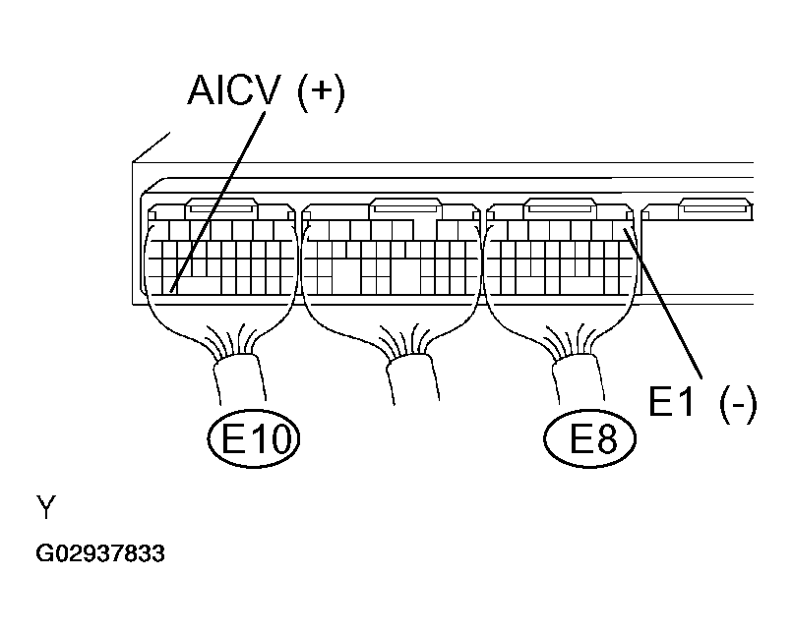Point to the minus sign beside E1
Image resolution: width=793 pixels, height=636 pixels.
737,403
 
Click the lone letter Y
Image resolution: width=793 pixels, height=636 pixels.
46,508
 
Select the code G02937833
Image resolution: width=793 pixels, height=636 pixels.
100,554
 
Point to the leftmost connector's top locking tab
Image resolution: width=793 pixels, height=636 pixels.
221,208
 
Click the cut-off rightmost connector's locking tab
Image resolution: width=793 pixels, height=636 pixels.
714,208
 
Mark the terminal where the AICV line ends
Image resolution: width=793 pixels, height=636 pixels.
172,289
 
